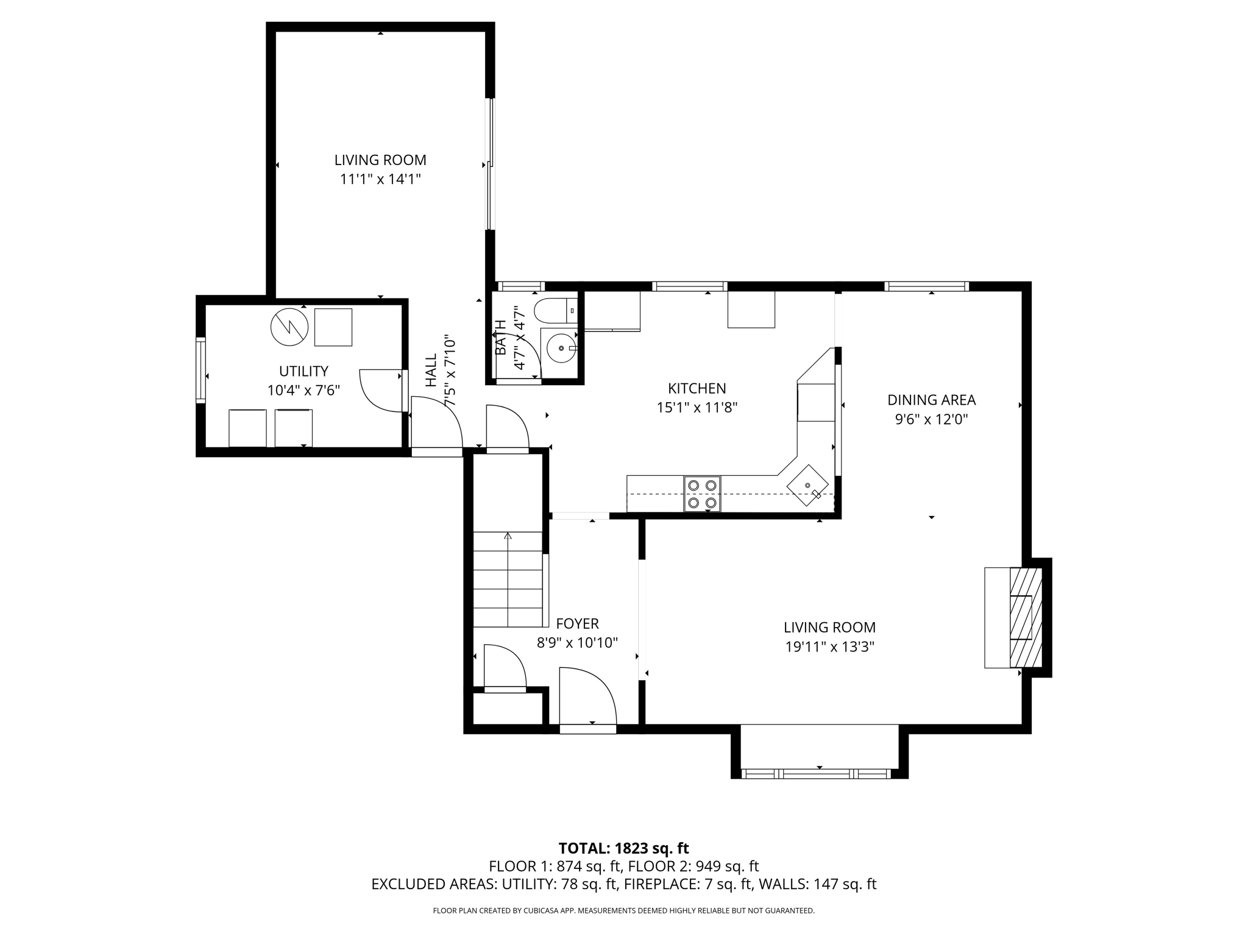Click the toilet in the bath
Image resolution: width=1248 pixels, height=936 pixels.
point(555,311)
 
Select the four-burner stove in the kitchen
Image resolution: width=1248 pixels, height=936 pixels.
point(702,494)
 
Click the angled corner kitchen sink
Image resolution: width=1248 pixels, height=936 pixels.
point(808,485)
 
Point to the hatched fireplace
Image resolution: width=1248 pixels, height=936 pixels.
point(1026,617)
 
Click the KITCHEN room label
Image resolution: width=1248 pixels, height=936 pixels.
point(697,388)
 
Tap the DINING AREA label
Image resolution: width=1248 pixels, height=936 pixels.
point(931,400)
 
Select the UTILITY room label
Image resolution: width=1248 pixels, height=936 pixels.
point(303,371)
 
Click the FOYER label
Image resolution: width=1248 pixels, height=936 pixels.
point(577,623)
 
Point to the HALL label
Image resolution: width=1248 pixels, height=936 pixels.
point(431,370)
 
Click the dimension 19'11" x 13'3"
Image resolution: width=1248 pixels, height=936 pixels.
point(829,647)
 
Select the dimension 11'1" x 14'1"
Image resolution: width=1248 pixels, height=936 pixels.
point(380,179)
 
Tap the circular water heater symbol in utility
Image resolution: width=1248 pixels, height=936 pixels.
point(289,327)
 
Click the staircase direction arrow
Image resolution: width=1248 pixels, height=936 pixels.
point(508,536)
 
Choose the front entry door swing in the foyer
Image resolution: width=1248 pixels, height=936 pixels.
point(587,697)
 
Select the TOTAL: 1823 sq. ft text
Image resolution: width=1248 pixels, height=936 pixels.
point(623,848)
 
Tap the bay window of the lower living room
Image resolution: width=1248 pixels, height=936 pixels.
point(819,774)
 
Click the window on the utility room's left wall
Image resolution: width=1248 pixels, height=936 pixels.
point(200,370)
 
